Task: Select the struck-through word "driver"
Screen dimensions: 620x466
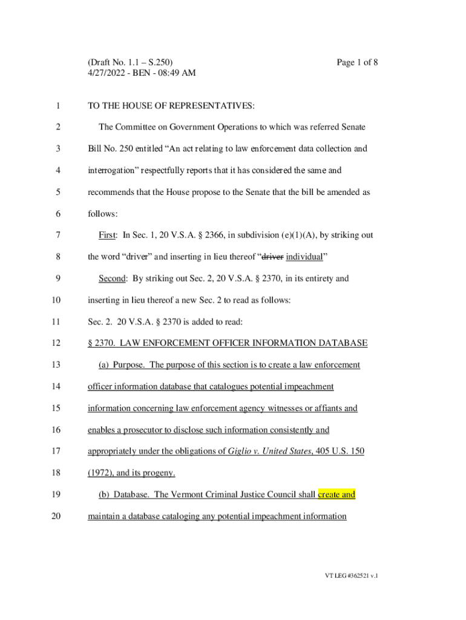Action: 272,257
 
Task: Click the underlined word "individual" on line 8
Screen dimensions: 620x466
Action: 304,257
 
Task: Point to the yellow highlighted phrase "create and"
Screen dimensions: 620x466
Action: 336,495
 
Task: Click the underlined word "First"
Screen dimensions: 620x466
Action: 108,235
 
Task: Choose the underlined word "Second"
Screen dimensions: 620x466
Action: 113,279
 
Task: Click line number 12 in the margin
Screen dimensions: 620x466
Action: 57,343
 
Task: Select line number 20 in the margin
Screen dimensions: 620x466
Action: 57,517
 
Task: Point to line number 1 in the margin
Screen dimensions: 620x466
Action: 57,107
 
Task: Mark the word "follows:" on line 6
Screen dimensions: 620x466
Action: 103,214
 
